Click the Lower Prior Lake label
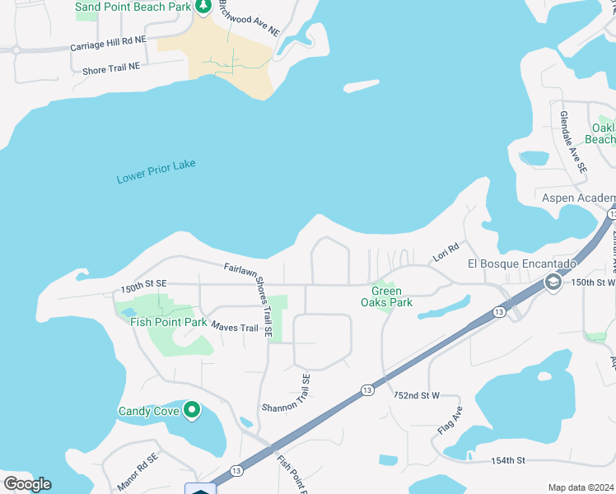(156, 171)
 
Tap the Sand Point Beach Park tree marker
(203, 7)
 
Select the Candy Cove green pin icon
(192, 409)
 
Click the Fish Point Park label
(169, 322)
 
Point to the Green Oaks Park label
(386, 296)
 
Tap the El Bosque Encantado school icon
(553, 283)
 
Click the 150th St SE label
(143, 283)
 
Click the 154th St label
(507, 460)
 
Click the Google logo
(27, 484)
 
